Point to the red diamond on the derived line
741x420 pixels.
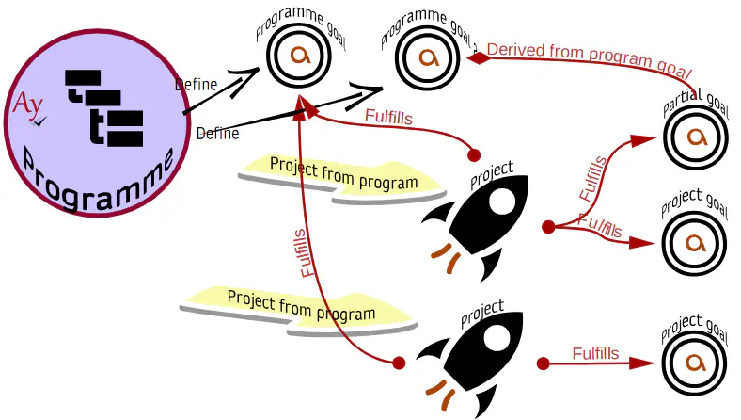[x=480, y=57]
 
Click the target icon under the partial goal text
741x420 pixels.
[x=697, y=137]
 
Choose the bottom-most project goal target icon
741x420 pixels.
[x=697, y=363]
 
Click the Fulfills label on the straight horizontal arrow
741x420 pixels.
[x=595, y=354]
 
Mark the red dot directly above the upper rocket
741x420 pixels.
[x=474, y=153]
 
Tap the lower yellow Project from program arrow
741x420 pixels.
[x=301, y=308]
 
